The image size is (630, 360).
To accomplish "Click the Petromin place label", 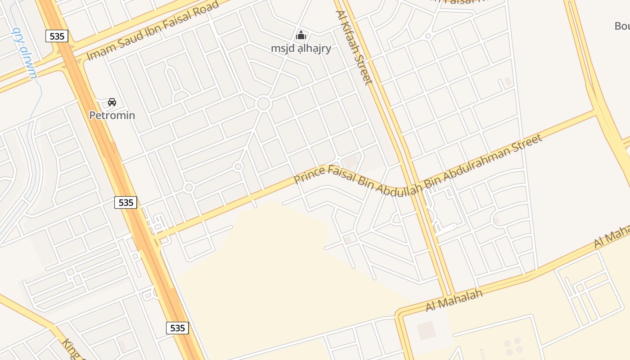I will point(112,115).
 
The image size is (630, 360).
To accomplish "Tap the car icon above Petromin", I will point(112,102).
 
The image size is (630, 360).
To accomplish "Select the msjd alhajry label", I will point(301,48).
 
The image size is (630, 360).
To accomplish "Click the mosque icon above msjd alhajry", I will point(301,35).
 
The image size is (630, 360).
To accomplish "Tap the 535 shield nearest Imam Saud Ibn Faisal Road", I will point(57,36).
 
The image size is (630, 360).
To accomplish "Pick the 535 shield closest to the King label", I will point(178,328).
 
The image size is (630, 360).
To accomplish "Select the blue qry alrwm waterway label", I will point(25,53).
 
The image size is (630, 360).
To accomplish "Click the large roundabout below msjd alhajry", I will point(263,104).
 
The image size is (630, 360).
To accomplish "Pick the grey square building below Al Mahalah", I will point(426,331).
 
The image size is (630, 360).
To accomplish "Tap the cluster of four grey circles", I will point(513,345).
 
